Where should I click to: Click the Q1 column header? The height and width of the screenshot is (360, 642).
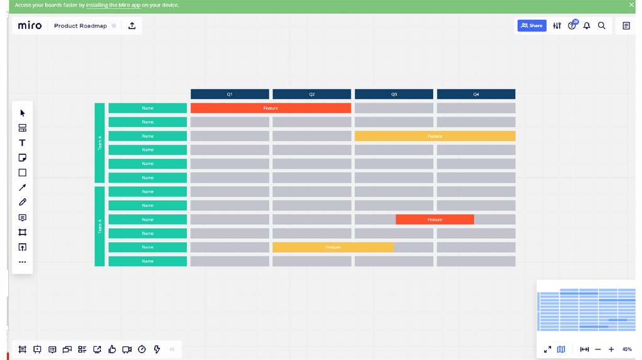tap(229, 94)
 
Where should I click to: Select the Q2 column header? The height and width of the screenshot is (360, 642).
tap(312, 94)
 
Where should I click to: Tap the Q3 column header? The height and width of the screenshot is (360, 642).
tap(394, 94)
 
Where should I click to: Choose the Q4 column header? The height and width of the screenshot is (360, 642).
tap(476, 94)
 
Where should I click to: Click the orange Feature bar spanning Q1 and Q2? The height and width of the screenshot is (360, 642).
tap(270, 108)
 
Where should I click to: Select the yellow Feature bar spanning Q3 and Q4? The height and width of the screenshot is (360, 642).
tap(434, 136)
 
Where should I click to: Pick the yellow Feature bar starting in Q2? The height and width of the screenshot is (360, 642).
tap(333, 247)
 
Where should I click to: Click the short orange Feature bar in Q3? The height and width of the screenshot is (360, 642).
tap(434, 220)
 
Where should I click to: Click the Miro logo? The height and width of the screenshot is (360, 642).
tap(29, 26)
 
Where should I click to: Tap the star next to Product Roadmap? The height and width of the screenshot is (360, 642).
tap(113, 26)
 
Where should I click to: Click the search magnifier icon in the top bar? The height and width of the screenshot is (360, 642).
tap(601, 26)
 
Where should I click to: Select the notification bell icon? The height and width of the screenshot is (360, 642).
tap(587, 26)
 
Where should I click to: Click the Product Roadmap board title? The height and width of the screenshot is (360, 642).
tap(80, 26)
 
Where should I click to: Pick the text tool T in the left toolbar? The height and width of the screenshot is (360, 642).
tap(23, 143)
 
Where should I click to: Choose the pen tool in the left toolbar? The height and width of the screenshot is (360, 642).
tap(23, 202)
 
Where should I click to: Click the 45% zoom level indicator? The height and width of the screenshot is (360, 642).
tap(626, 349)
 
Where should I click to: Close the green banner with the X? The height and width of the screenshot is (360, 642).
tap(631, 5)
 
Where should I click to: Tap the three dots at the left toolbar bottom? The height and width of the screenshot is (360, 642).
tap(23, 262)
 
